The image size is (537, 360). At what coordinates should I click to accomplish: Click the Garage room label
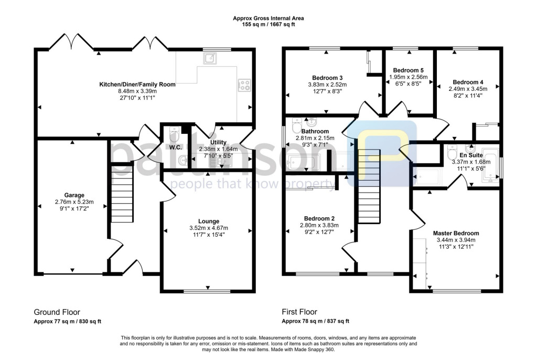70,195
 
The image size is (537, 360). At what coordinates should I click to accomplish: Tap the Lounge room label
209,221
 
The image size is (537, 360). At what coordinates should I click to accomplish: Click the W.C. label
175,148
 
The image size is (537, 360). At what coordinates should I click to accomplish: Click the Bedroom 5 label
408,70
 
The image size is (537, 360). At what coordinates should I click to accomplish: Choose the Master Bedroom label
456,233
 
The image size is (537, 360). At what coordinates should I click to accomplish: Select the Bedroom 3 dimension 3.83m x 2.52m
327,84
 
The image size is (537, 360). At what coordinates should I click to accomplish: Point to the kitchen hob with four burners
244,84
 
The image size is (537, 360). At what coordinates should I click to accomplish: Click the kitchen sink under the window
212,58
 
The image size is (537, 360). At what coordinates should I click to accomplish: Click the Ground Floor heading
57,312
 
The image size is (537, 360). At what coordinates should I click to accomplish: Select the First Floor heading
299,312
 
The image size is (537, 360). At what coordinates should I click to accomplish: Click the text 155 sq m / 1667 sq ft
268,25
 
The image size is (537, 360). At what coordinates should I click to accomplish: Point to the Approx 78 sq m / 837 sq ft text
315,321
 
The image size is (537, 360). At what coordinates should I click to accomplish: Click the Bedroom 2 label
319,218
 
